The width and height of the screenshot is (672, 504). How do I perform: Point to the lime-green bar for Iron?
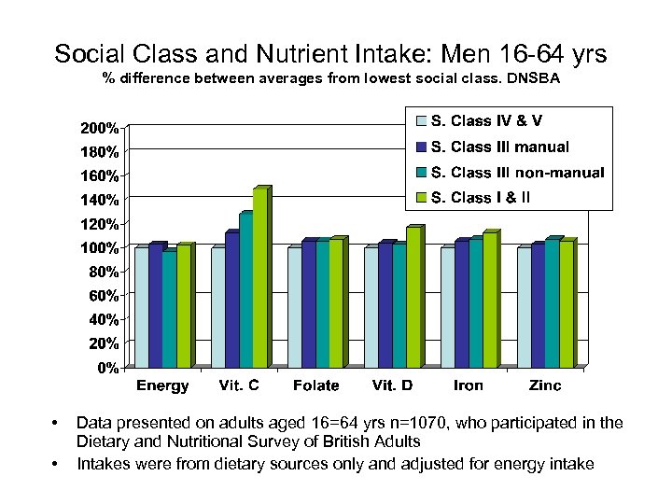coord(490,300)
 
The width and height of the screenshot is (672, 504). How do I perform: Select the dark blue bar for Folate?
coord(309,303)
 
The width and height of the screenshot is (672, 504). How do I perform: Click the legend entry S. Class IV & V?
coord(486,121)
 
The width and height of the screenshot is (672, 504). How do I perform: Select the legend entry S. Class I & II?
coord(486,197)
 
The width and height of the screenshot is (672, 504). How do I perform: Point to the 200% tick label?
coord(97,127)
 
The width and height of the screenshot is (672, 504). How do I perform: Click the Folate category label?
coord(315,385)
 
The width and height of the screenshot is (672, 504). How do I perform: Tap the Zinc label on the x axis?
coord(545,385)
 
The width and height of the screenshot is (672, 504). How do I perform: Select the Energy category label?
coord(162,385)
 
